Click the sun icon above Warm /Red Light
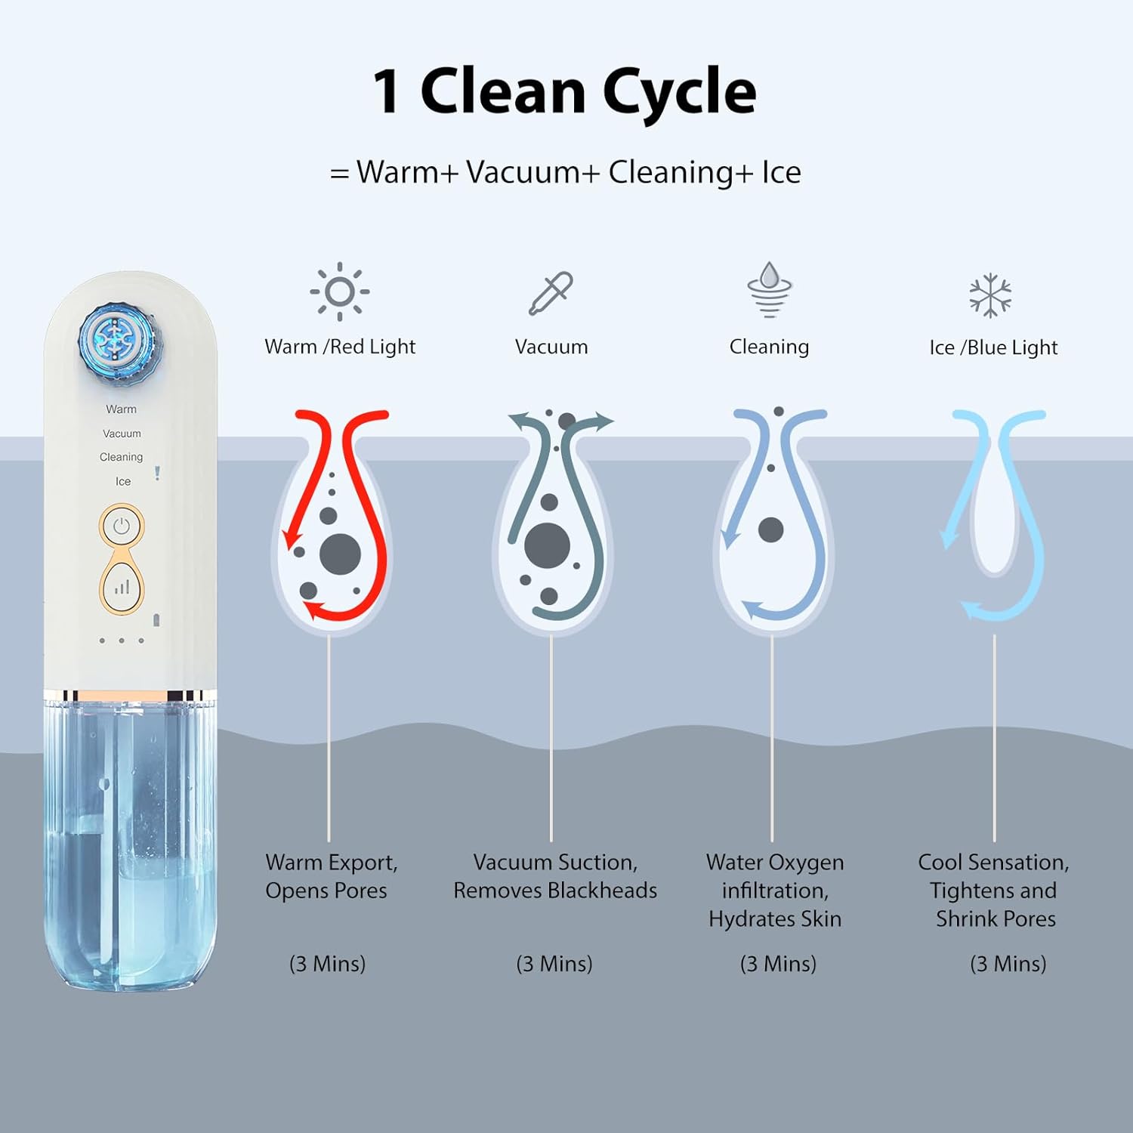[x=340, y=292]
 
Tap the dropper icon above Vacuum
[x=551, y=293]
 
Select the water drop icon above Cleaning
[x=769, y=289]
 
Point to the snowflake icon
[x=990, y=295]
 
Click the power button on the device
[x=122, y=526]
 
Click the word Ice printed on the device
[x=123, y=481]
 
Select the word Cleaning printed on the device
[x=121, y=457]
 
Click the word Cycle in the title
[x=679, y=91]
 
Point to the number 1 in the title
[x=386, y=91]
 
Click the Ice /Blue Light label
[x=993, y=347]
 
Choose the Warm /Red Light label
[x=340, y=347]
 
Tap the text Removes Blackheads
[x=555, y=891]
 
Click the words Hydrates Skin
[x=775, y=919]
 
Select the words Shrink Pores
[x=996, y=919]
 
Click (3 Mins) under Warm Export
[x=327, y=964]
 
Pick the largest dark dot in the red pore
[x=340, y=554]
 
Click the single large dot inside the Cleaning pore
[x=770, y=529]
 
